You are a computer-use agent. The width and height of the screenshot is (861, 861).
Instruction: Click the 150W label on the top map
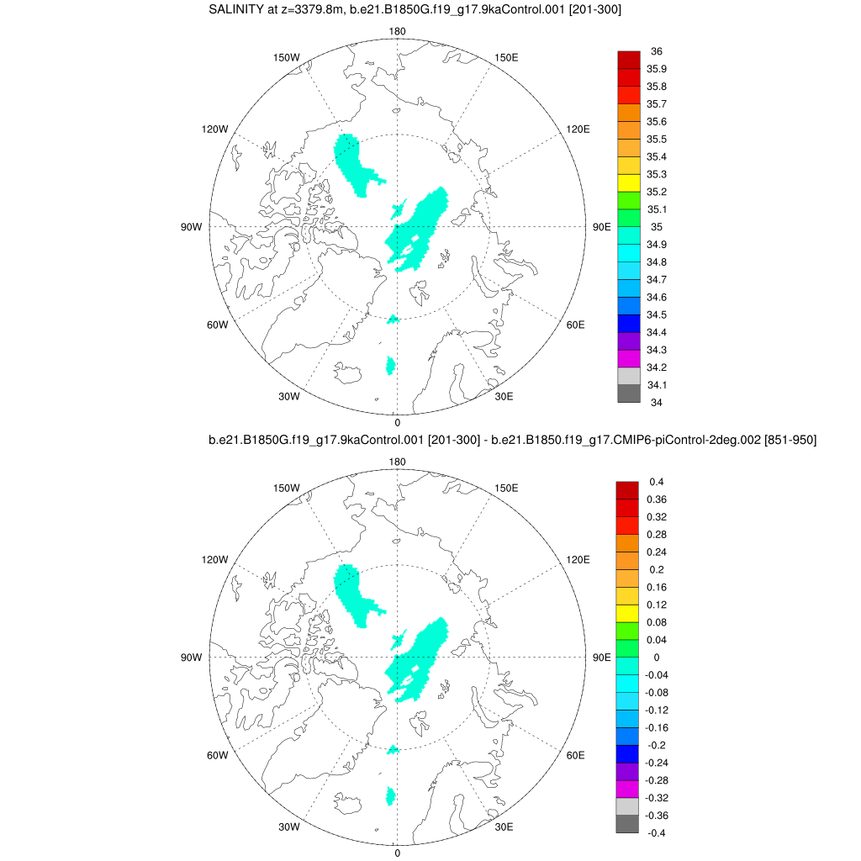[287, 57]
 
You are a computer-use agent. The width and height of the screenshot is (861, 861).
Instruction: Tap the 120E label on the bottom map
[578, 559]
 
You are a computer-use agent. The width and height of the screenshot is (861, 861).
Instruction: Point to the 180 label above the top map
[397, 31]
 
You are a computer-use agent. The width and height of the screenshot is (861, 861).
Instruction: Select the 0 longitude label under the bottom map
[397, 852]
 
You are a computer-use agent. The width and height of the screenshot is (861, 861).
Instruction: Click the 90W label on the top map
[191, 227]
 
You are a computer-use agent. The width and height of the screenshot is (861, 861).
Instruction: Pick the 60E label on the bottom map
[576, 755]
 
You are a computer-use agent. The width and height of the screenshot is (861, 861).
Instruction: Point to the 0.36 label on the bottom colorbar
[658, 499]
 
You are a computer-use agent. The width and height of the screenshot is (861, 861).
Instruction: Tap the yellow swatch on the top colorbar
[629, 182]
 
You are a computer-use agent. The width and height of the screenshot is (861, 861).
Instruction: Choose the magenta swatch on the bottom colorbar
[627, 789]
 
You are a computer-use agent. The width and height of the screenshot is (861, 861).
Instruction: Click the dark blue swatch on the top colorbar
[629, 324]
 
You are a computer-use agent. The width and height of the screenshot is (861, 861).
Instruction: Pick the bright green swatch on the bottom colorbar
[627, 631]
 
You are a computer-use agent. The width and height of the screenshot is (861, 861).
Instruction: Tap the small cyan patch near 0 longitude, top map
[390, 365]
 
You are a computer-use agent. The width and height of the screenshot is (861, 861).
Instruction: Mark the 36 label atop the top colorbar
[657, 51]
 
